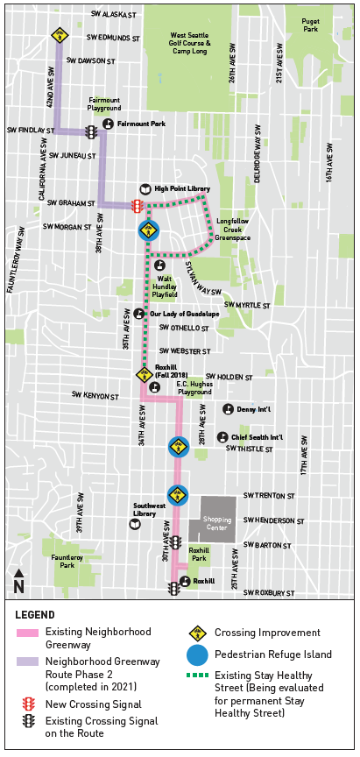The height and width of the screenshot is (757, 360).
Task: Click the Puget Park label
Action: tap(310, 25)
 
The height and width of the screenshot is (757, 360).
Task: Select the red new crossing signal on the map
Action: tap(137, 206)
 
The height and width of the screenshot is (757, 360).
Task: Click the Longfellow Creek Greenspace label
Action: tap(232, 229)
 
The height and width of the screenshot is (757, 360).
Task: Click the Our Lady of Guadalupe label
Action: tap(184, 314)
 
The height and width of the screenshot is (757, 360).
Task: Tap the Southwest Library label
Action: tap(148, 510)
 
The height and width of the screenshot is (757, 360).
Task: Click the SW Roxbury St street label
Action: tap(272, 593)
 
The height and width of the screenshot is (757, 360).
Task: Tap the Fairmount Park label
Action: tap(141, 124)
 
